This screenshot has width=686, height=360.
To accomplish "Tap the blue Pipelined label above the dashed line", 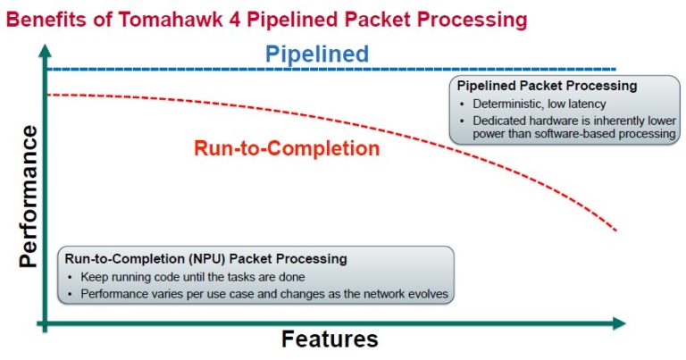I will point(316,54).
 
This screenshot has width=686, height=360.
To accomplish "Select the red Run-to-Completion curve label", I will point(287,148).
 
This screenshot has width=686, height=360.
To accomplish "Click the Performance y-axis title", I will point(28,197).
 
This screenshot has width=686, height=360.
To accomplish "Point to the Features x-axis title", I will point(330,339).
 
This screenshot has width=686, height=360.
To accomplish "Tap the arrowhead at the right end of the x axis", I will point(618,323).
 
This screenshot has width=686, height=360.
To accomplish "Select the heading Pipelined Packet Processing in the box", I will point(547,86).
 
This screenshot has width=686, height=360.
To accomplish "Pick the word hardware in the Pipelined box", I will point(554,119).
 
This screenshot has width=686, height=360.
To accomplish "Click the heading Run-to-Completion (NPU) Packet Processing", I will point(205,258).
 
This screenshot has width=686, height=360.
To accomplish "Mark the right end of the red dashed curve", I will point(616,230).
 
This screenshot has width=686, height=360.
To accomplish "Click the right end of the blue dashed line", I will point(615,69).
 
